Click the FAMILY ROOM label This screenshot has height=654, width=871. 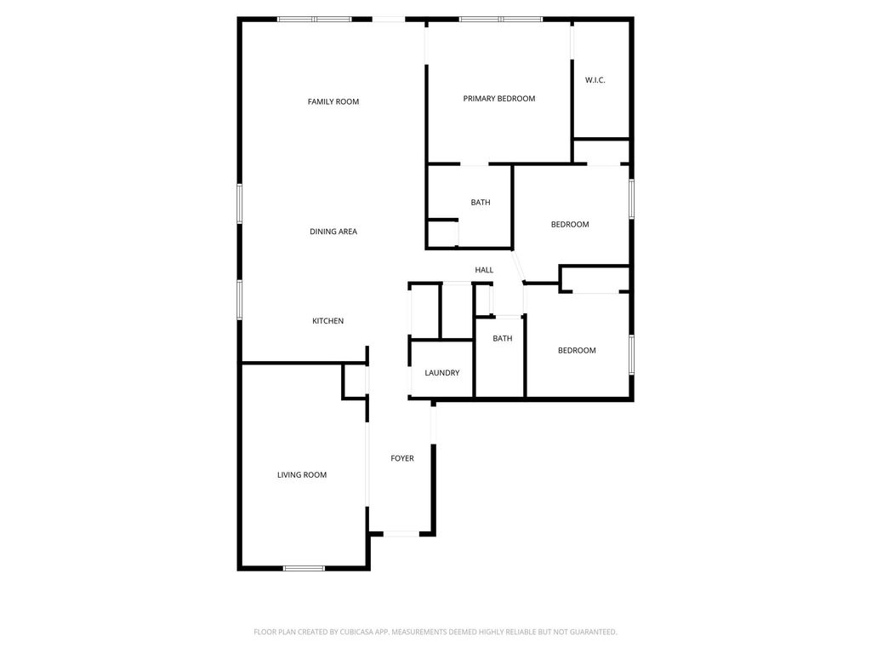tap(333, 102)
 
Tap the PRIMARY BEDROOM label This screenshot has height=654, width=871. tap(499, 99)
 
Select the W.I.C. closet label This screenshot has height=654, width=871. tap(595, 80)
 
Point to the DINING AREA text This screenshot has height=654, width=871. tap(333, 232)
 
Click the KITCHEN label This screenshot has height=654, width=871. tap(327, 321)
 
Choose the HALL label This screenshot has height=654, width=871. tap(484, 270)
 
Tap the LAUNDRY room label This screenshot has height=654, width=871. tap(442, 373)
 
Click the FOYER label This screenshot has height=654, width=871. tap(402, 459)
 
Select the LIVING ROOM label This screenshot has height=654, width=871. tap(302, 475)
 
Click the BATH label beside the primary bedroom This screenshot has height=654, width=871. tap(481, 203)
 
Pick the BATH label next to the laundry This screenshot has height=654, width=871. tap(502, 339)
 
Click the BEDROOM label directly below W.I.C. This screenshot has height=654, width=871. tap(570, 225)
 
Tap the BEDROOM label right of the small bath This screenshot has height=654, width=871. tap(578, 350)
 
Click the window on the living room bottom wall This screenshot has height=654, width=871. tap(304, 568)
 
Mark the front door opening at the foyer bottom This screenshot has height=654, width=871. tap(401, 534)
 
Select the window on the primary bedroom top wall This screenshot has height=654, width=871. tap(501, 20)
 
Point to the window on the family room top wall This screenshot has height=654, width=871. tap(315, 20)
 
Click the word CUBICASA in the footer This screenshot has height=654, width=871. tap(357, 633)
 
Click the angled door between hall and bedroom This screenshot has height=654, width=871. tap(519, 267)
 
